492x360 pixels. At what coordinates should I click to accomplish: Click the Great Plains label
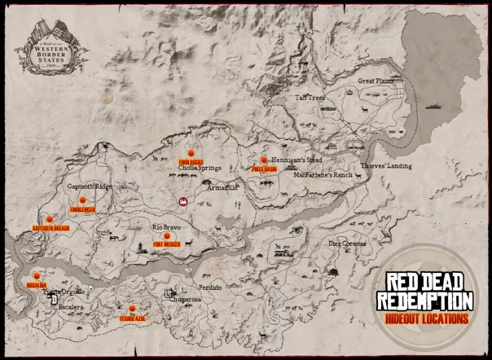click(376, 81)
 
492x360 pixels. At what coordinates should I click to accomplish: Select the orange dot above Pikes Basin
click(263, 161)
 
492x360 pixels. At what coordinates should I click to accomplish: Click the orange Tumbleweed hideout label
click(83, 209)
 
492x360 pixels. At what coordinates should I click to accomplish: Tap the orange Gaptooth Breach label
click(51, 228)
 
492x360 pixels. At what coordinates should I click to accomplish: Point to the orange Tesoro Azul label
click(131, 316)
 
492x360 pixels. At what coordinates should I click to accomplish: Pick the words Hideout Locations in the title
click(428, 318)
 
